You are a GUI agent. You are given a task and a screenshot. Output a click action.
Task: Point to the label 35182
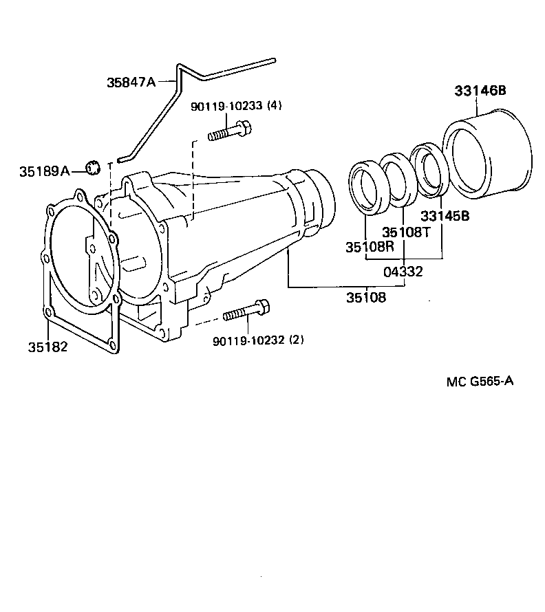coord(47,347)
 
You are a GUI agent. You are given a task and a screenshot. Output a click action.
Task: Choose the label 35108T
coord(406,232)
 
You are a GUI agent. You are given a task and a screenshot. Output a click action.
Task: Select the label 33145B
coord(445,215)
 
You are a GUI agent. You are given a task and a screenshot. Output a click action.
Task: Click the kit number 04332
coord(403,272)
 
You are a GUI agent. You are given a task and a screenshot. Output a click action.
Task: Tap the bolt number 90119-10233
coord(226,106)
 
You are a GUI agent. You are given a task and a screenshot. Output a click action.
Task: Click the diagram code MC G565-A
coord(480,382)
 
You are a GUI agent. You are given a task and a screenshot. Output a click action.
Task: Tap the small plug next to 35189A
coord(93,166)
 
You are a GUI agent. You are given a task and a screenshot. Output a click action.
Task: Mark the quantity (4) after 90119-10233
coord(275,106)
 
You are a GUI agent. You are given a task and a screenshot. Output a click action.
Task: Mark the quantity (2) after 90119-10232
coord(296,340)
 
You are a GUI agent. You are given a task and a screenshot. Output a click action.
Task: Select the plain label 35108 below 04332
coord(366,298)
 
